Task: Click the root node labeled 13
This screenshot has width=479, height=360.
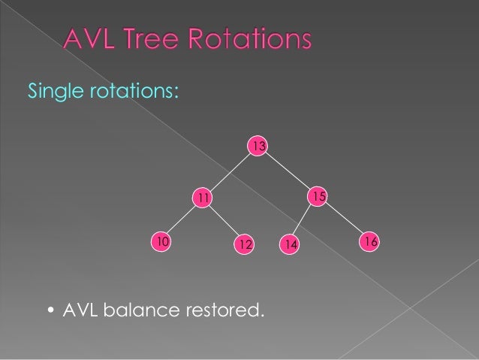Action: [x=258, y=145]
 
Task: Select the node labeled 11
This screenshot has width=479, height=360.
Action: [x=202, y=197]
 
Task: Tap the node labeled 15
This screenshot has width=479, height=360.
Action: [x=318, y=196]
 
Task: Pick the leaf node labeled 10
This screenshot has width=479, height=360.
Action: [x=161, y=241]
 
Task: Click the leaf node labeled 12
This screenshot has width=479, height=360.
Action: [x=244, y=244]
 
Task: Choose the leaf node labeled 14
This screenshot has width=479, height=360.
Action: [x=290, y=244]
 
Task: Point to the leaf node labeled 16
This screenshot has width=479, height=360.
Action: [x=369, y=241]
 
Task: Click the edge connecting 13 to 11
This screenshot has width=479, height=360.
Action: [x=229, y=171]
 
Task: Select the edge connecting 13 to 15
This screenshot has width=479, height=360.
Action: [x=289, y=171]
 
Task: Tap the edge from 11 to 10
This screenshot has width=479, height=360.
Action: [x=180, y=219]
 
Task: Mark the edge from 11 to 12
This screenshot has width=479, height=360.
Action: [x=223, y=221]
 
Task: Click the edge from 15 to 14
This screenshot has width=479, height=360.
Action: [x=303, y=221]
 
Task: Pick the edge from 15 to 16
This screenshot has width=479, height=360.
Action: [x=345, y=219]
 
